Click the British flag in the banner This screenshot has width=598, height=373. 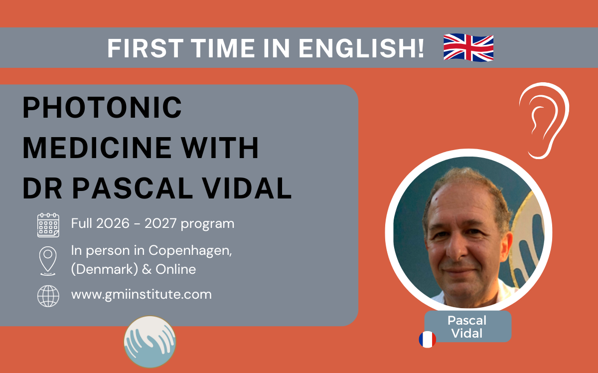click(468, 47)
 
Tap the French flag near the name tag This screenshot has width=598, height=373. click(427, 339)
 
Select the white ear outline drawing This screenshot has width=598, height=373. click(543, 120)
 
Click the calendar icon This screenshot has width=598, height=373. click(48, 225)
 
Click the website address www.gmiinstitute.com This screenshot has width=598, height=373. click(141, 294)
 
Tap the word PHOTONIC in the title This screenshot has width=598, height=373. click(103, 108)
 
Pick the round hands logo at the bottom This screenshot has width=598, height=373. click(149, 342)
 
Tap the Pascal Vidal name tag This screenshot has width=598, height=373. click(467, 327)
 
